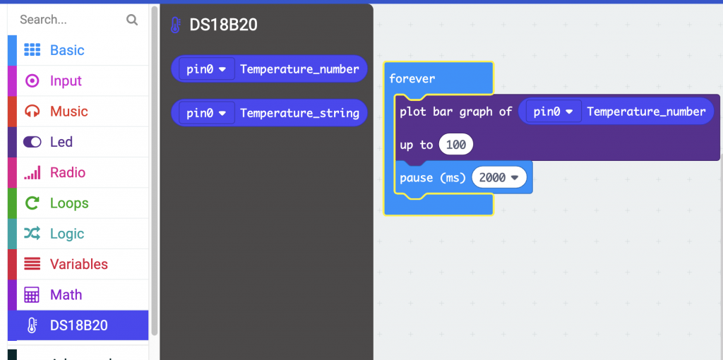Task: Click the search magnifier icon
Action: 132,20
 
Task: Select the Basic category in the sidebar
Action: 67,50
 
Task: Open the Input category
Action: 66,81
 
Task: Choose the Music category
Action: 68,112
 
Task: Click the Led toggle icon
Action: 32,142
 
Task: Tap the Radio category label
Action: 68,172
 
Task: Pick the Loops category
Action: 69,203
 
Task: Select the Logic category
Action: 67,234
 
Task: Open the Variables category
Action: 78,264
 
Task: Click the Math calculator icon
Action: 32,295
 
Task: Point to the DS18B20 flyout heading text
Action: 223,25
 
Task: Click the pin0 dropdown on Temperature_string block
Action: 205,113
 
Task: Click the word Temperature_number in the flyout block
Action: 299,69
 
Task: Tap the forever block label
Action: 412,78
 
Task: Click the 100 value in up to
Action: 456,145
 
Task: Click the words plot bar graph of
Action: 455,112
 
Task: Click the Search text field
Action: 67,20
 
